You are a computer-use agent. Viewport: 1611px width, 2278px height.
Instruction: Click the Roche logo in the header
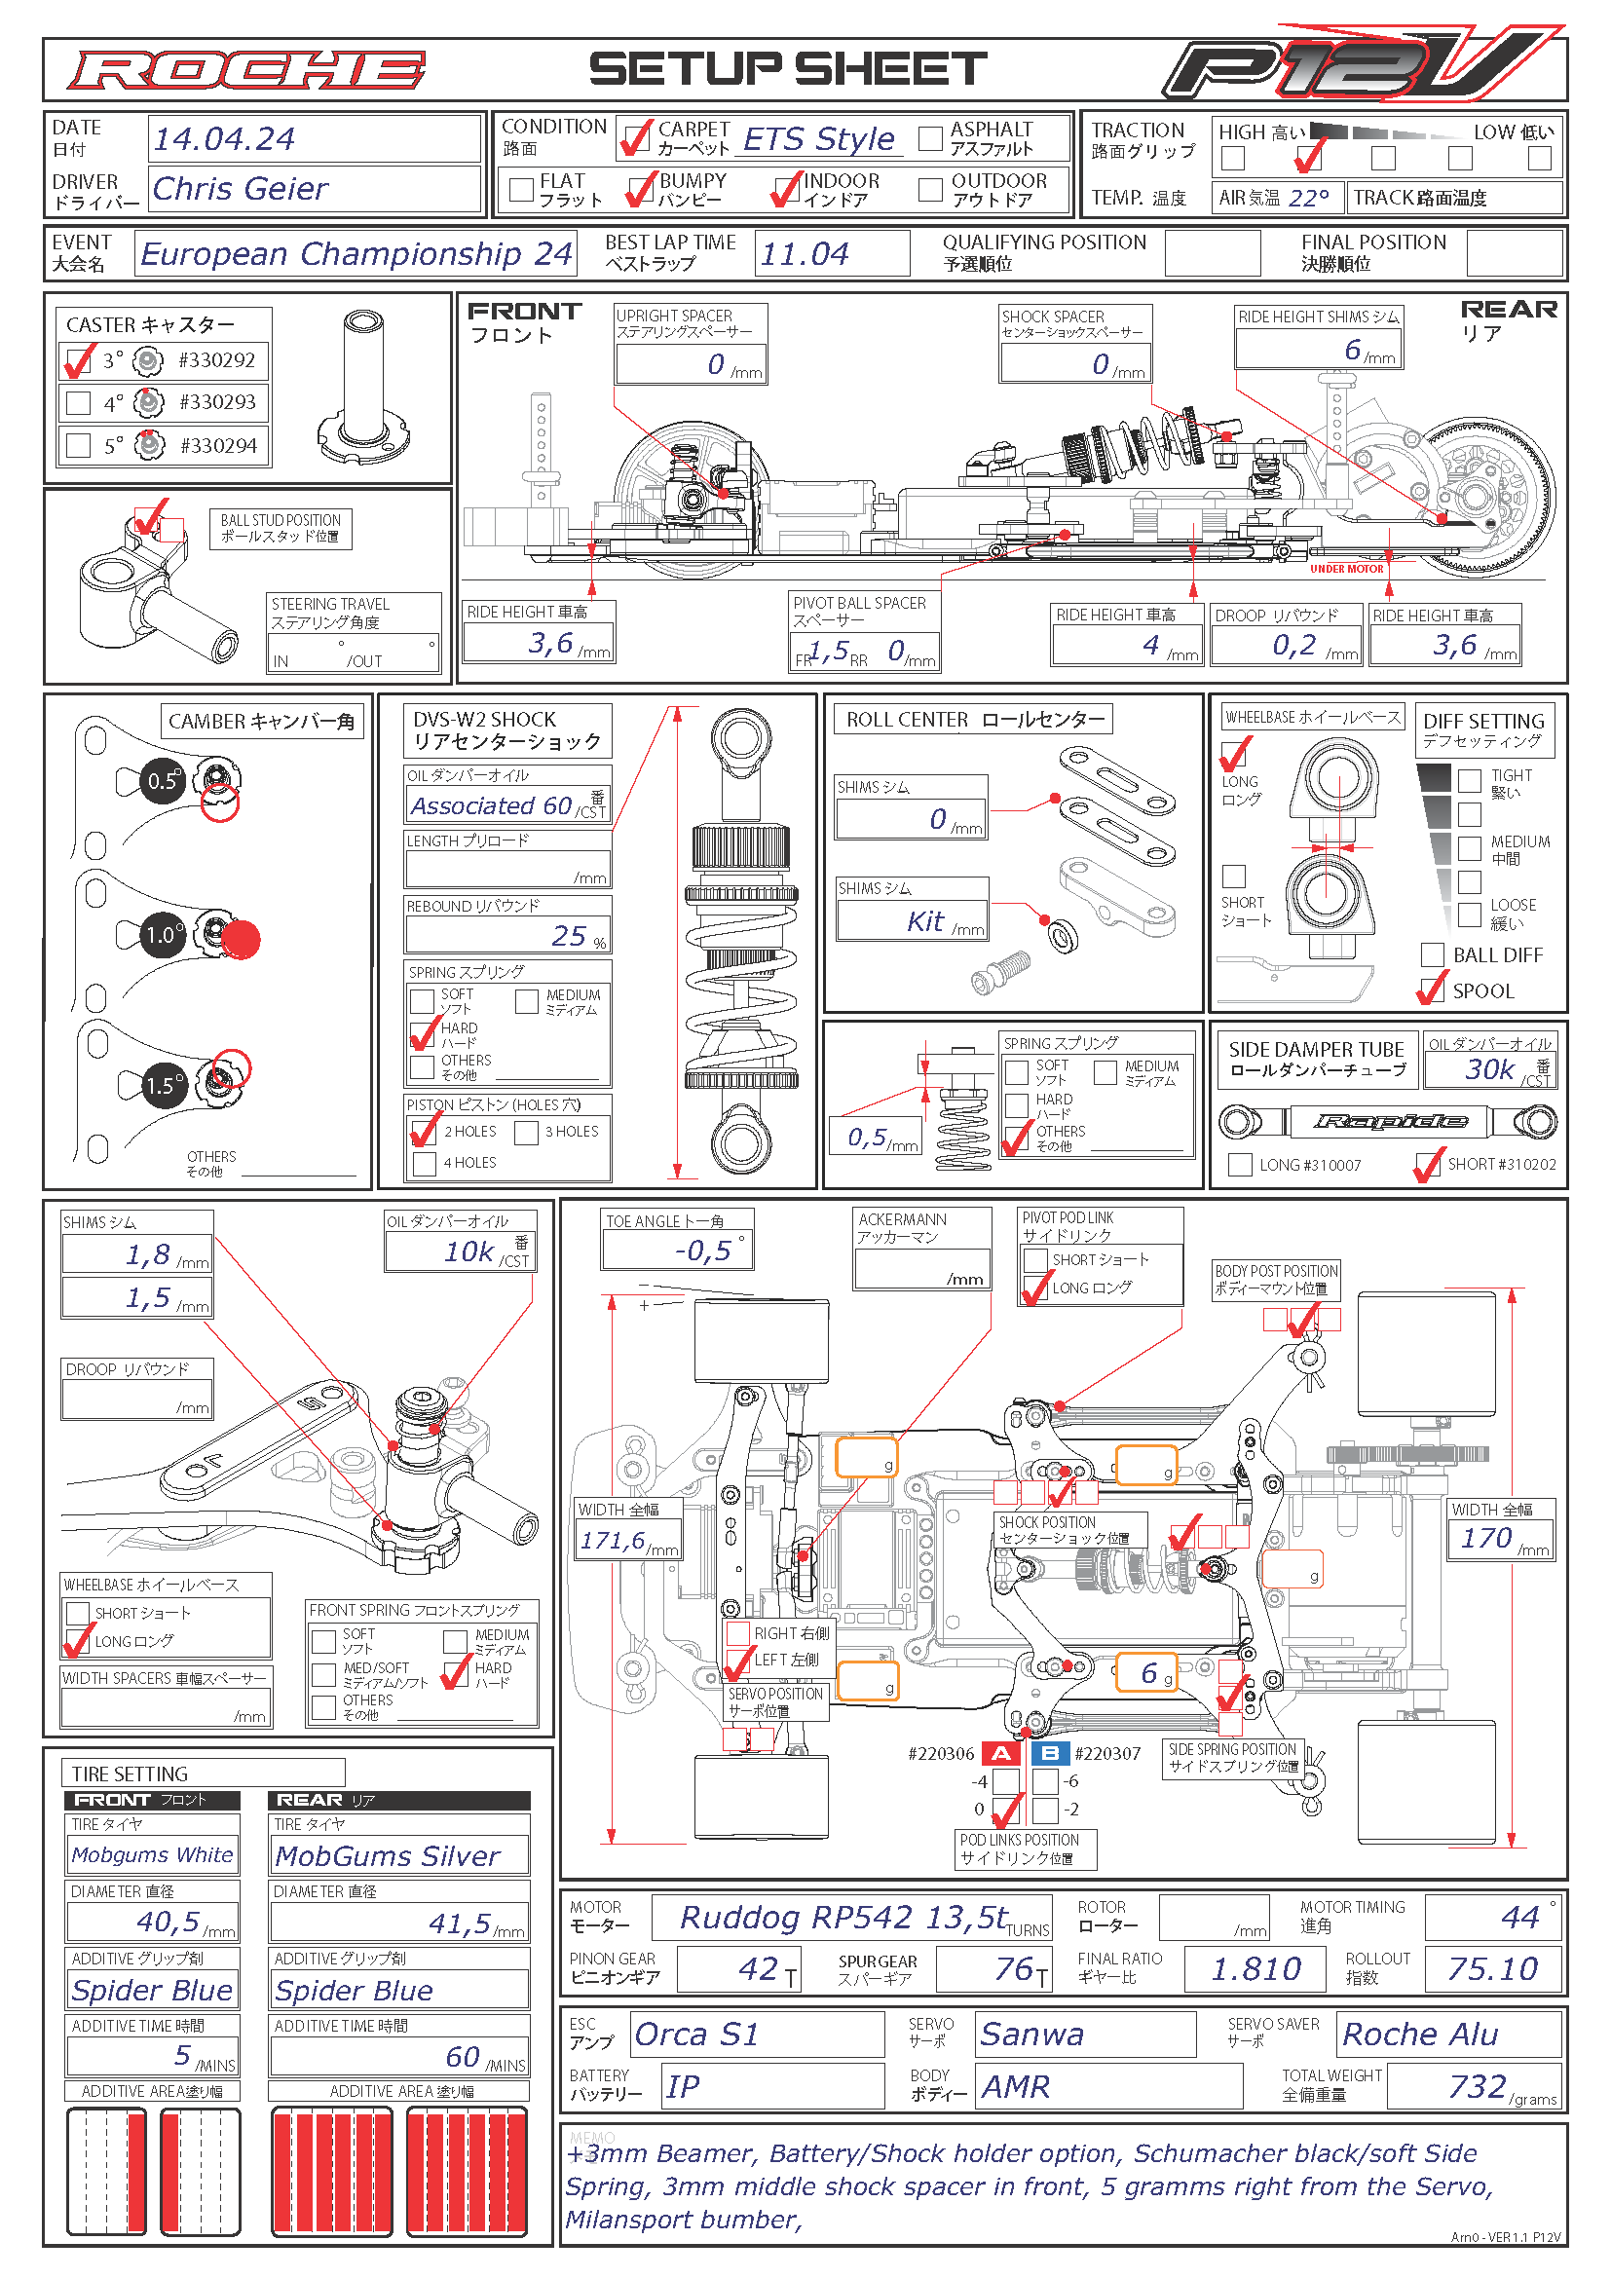pos(246,70)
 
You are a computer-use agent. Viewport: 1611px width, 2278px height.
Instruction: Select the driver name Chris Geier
pos(240,189)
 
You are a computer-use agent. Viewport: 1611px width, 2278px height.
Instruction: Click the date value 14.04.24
pos(224,139)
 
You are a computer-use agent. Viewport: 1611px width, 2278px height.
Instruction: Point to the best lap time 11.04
pos(805,254)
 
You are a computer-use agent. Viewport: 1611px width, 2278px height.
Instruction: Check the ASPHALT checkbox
pos(930,138)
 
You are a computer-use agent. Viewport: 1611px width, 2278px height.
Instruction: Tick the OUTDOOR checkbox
pos(930,190)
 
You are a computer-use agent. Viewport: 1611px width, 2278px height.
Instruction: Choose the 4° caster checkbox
pos(78,403)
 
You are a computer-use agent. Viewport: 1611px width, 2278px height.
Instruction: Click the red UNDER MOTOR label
pos(1346,569)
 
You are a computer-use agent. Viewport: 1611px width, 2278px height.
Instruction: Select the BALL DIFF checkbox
pos(1433,954)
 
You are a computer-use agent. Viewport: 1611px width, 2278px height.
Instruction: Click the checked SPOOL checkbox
pos(1433,990)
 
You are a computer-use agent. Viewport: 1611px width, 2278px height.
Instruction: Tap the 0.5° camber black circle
pos(164,781)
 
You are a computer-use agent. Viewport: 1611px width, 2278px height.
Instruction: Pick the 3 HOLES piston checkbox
pos(527,1132)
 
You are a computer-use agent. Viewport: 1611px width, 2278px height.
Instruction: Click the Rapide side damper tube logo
pos(1390,1121)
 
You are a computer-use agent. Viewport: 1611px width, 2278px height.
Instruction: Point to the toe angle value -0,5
pos(702,1251)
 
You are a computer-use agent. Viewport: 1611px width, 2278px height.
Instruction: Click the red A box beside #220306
pos(1002,1753)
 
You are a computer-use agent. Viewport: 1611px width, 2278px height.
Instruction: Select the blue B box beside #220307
pos(1050,1753)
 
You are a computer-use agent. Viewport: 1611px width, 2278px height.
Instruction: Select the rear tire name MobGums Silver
pos(387,1856)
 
